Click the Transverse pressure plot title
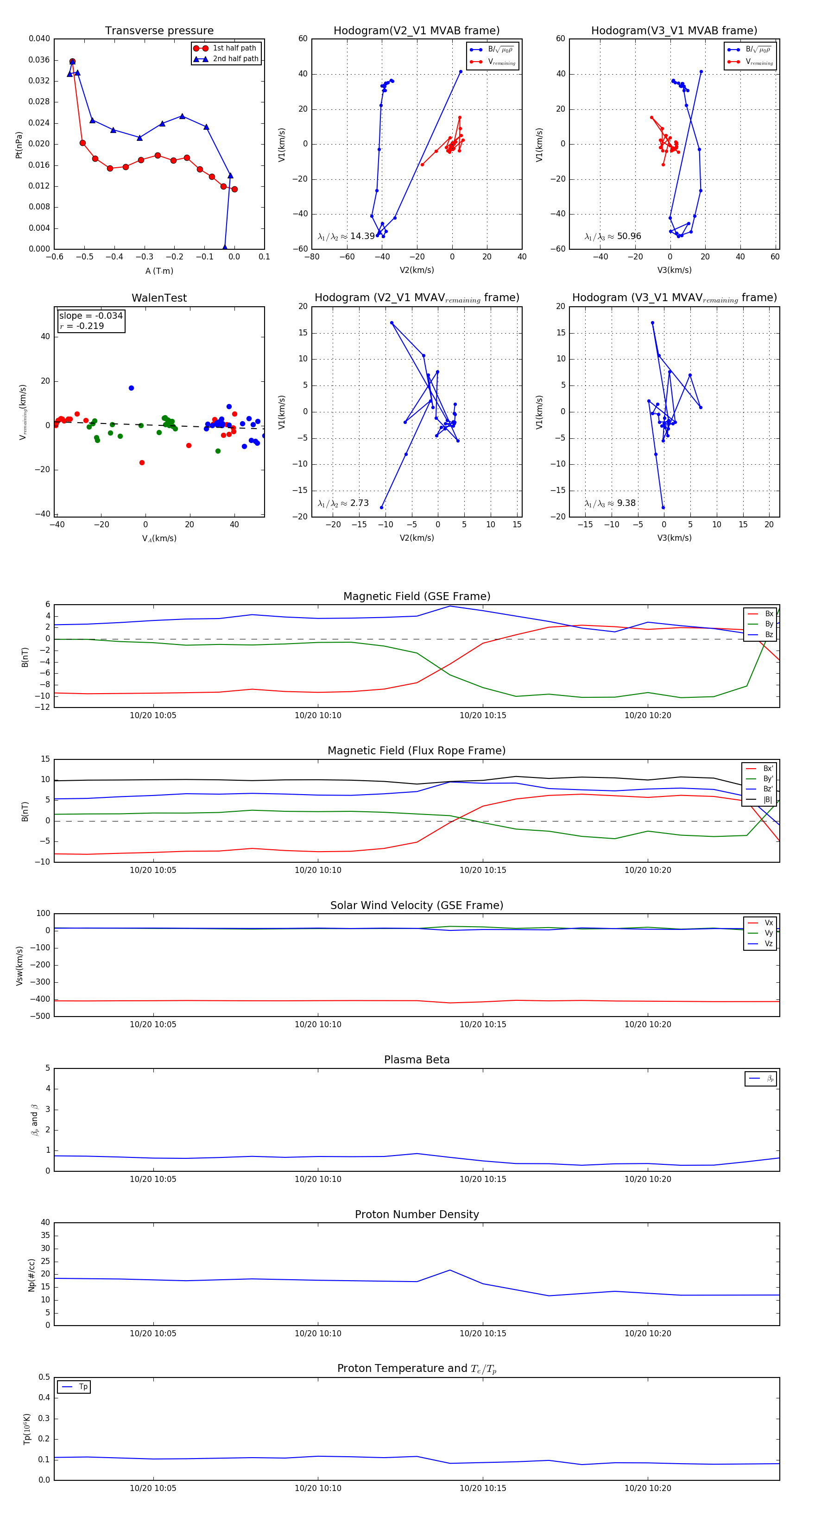pos(159,31)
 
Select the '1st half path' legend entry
pos(234,48)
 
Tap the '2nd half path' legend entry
pos(235,59)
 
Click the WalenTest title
pos(159,298)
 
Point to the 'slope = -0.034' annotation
pos(91,316)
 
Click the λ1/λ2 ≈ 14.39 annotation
pos(346,236)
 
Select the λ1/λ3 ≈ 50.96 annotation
pos(613,236)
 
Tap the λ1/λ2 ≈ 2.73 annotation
pos(343,503)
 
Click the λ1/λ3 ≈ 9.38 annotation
pos(610,503)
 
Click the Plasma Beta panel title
pos(417,1060)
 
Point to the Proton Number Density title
pos(417,1214)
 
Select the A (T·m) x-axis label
pos(159,271)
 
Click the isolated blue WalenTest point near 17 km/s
pos(131,388)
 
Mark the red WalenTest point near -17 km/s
pos(142,462)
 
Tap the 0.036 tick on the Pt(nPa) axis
pos(39,60)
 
